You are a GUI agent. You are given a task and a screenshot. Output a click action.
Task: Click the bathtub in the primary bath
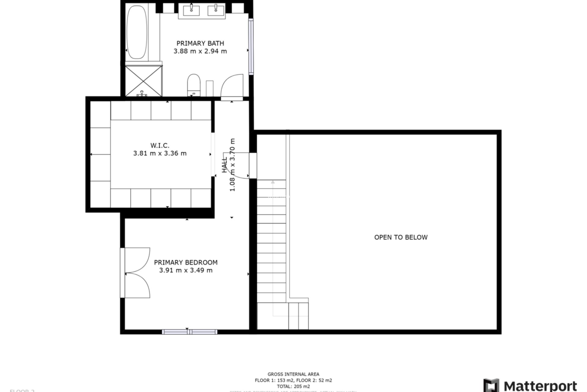pyautogui.click(x=137, y=32)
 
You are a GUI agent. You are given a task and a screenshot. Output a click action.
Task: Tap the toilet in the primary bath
pyautogui.click(x=194, y=85)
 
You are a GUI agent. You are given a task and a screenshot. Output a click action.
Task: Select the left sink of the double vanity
pyautogui.click(x=191, y=10)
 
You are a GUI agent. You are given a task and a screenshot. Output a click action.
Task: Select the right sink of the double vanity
pyautogui.click(x=216, y=10)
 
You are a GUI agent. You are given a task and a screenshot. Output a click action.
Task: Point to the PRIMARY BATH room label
pyautogui.click(x=200, y=43)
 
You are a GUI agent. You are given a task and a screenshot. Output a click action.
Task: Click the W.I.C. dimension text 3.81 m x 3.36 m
pyautogui.click(x=160, y=153)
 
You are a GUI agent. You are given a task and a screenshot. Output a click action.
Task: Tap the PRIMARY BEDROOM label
pyautogui.click(x=186, y=262)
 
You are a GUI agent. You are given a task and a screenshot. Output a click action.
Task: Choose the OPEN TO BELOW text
pyautogui.click(x=401, y=237)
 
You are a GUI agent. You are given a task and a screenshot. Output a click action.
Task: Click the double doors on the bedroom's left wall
pyautogui.click(x=136, y=273)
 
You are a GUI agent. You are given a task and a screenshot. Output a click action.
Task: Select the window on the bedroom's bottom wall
pyautogui.click(x=190, y=332)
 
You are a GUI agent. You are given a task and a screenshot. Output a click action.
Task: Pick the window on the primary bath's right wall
pyautogui.click(x=251, y=47)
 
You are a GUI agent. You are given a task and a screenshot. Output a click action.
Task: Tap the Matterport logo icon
pyautogui.click(x=491, y=385)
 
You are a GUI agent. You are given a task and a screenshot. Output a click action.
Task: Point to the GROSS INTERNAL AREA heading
pyautogui.click(x=293, y=374)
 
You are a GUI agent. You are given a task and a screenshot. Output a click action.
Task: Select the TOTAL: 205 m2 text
pyautogui.click(x=293, y=386)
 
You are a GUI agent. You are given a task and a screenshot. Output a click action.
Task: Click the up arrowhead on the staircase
pyautogui.click(x=273, y=182)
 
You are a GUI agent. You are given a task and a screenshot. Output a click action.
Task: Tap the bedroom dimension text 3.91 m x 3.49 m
pyautogui.click(x=186, y=270)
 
